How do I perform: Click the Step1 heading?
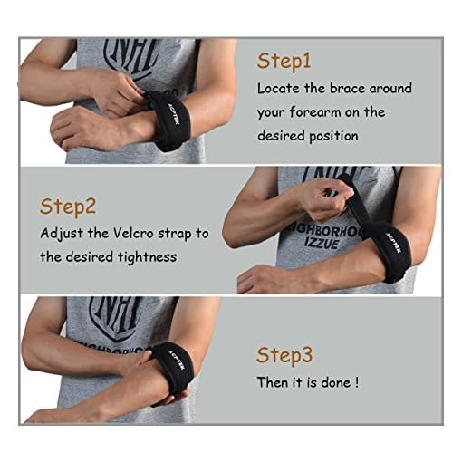pyautogui.click(x=284, y=61)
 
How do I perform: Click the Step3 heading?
pyautogui.click(x=285, y=353)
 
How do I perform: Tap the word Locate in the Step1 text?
pyautogui.click(x=278, y=89)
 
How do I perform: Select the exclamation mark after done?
pyautogui.click(x=357, y=381)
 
